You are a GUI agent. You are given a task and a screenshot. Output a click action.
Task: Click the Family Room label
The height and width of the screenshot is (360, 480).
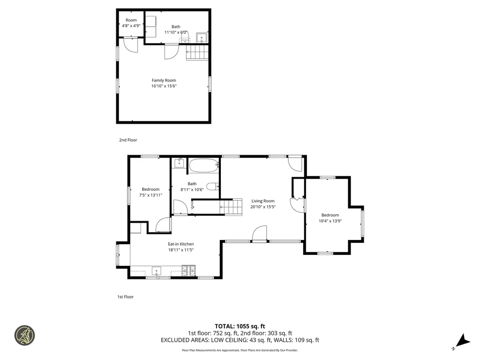coord(164,80)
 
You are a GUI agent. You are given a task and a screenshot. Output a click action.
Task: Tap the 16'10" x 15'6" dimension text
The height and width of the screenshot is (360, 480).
coord(164,86)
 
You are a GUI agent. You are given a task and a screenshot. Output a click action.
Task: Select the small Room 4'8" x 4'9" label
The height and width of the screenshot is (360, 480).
coord(131,23)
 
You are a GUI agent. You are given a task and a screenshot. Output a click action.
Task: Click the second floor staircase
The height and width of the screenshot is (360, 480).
coord(197,52)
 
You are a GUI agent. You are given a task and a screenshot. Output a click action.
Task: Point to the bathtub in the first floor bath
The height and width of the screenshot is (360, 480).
coord(203,165)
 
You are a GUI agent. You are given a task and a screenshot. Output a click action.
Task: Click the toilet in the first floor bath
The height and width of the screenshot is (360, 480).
coord(213,187)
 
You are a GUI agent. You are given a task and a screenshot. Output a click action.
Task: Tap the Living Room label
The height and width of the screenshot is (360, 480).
coord(262,201)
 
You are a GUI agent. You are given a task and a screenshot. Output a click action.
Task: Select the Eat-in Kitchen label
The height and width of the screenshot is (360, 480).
coord(181,244)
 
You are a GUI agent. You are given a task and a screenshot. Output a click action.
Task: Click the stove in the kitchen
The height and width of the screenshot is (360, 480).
coord(189,270)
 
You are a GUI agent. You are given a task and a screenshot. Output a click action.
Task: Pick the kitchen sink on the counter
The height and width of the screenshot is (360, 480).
coord(157,270)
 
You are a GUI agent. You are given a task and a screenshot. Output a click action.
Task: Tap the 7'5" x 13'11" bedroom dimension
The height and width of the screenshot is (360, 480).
coord(150,195)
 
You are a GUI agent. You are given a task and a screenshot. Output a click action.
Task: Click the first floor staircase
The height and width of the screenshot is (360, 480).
coord(231,206)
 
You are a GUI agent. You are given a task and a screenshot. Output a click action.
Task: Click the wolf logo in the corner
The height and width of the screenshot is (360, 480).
coord(24,335)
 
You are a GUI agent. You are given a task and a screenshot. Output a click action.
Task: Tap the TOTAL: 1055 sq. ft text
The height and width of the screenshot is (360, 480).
coord(240,326)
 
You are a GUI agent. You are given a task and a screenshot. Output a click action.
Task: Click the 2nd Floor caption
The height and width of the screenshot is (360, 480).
coord(128,140)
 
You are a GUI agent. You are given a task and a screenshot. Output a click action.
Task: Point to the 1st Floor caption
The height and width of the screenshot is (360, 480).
coord(125,297)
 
